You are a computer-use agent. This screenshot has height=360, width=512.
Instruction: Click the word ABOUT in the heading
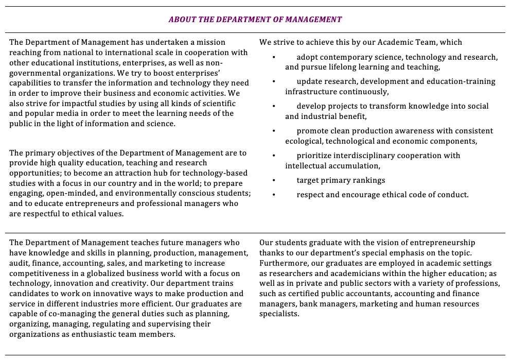coord(181,20)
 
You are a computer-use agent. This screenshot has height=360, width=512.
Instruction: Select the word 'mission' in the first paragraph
coord(211,42)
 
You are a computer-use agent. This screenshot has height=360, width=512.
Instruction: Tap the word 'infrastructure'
coord(311,92)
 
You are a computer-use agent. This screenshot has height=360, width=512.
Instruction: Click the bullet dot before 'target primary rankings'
coord(274,180)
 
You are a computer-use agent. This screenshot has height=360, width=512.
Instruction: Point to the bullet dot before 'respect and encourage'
coord(274,195)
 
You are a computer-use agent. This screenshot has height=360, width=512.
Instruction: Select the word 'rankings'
coord(368,180)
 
